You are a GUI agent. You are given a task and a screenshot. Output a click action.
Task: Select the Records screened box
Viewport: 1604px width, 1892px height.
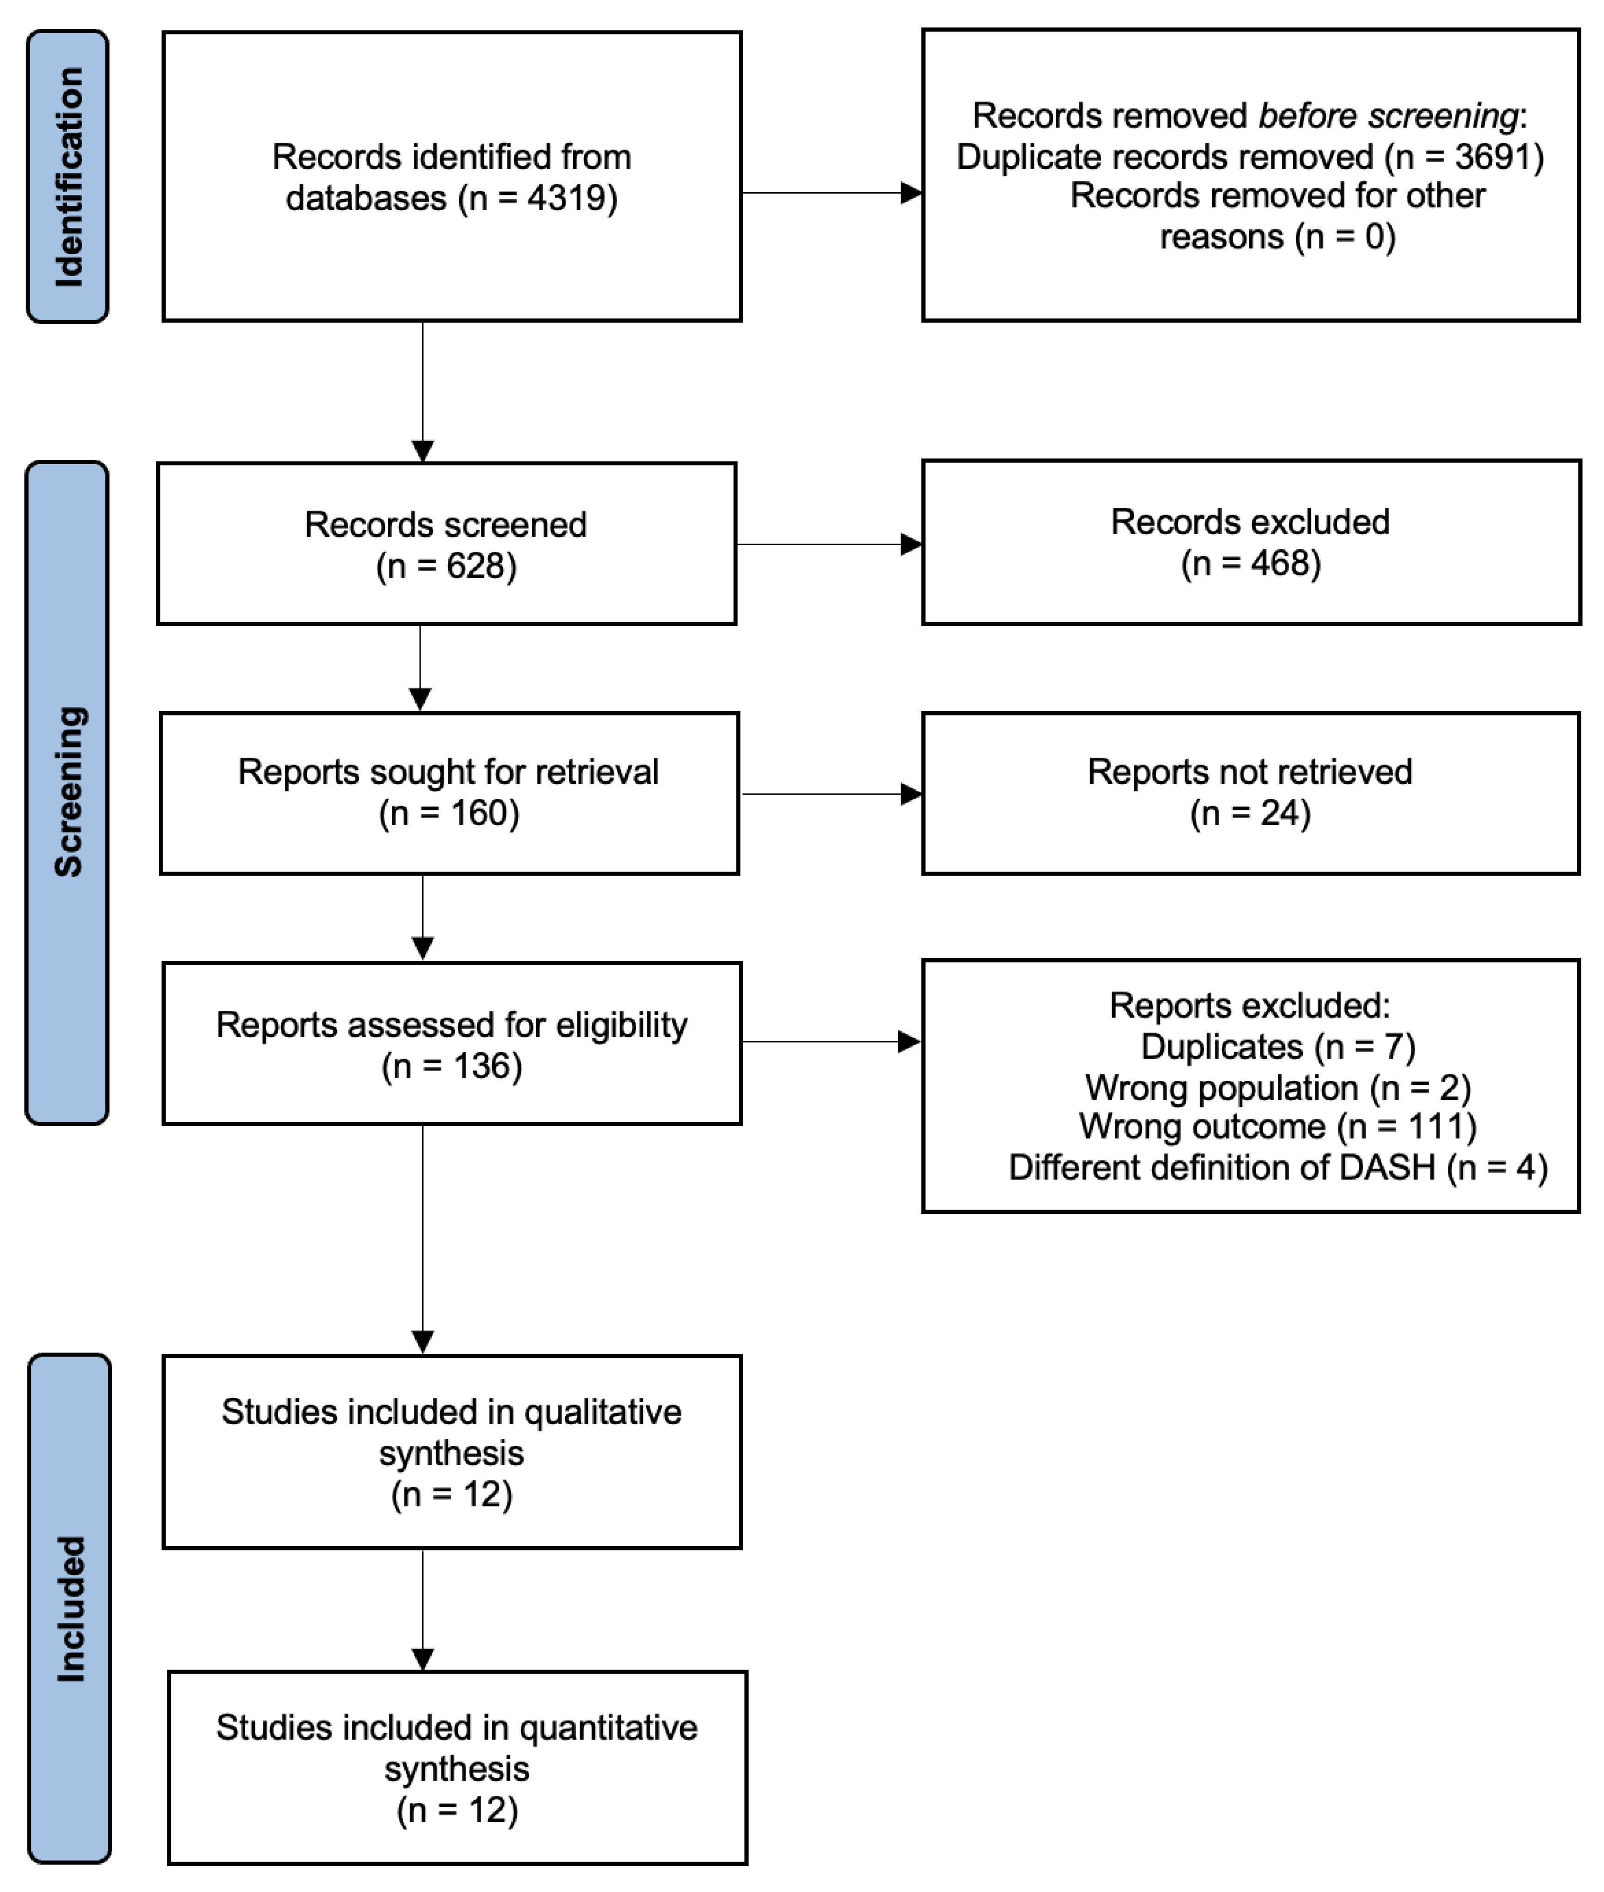coord(447,544)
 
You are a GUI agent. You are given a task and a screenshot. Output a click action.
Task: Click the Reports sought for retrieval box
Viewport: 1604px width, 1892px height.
coord(449,793)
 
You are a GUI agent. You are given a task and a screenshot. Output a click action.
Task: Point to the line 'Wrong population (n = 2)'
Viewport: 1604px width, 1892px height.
coord(1277,1088)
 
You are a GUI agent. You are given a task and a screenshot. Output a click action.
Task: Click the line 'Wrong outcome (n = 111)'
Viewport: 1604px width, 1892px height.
coord(1277,1127)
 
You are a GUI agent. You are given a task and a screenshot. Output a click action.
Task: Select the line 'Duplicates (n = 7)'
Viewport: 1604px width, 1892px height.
coord(1277,1047)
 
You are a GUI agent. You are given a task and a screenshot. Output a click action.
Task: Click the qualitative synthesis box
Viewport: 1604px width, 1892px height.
coord(452,1453)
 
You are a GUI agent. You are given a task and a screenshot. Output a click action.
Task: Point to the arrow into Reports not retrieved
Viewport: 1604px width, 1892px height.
coord(831,794)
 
